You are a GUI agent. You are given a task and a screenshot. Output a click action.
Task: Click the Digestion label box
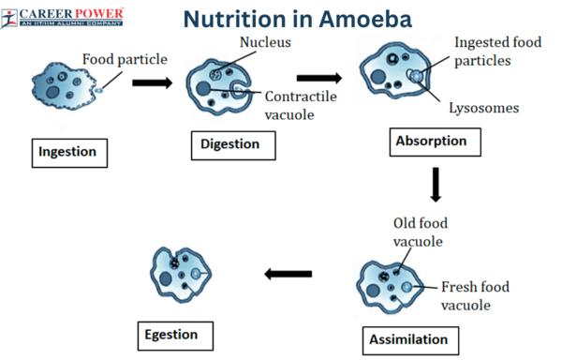click(x=237, y=144)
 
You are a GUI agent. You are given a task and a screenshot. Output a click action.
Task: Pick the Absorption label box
click(x=434, y=142)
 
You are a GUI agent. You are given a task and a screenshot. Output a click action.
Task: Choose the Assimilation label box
click(x=406, y=338)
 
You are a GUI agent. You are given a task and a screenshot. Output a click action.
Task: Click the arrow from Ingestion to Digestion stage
click(x=152, y=82)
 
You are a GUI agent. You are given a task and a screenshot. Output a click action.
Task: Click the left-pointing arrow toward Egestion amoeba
click(x=286, y=274)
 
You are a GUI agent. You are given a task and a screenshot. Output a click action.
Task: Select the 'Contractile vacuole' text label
click(x=301, y=105)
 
